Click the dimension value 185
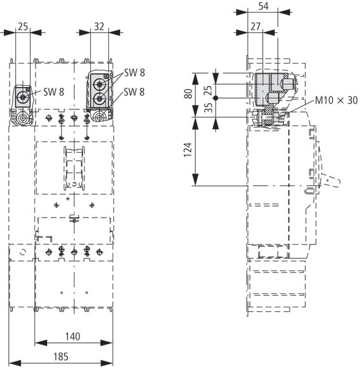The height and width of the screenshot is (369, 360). click(61, 356)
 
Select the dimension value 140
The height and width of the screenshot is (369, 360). click(73, 337)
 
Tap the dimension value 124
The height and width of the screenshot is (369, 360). click(188, 150)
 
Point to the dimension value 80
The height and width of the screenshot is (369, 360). click(188, 94)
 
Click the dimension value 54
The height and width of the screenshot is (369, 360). click(263, 6)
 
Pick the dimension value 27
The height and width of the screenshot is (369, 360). click(256, 27)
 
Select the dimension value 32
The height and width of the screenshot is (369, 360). click(99, 27)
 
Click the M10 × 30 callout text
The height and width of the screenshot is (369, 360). click(336, 101)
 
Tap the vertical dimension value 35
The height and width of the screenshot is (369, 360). click(209, 108)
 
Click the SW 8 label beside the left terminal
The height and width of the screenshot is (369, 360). click(53, 92)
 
